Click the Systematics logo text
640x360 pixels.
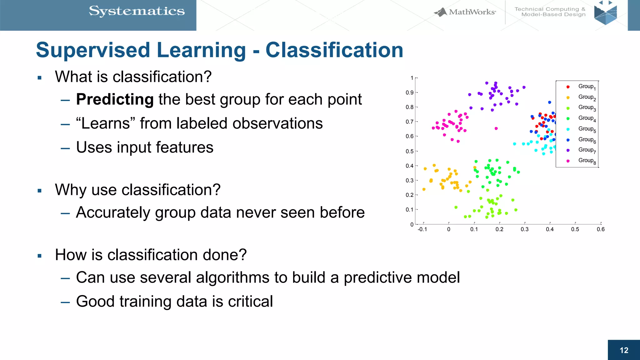point(137,11)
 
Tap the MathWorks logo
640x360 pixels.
point(465,12)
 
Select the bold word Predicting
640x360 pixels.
point(115,99)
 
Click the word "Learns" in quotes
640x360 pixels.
point(105,123)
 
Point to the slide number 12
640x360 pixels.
point(624,350)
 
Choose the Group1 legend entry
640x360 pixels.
point(586,87)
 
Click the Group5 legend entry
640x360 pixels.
point(586,129)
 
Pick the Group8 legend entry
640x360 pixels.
point(586,161)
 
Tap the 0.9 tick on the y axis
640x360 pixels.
point(409,92)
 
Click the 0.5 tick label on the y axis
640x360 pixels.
point(409,151)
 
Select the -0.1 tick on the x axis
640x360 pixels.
point(422,229)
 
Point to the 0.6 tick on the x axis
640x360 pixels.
point(601,229)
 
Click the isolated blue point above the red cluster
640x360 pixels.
point(549,102)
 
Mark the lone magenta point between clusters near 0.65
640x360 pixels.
point(496,128)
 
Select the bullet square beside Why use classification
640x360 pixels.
point(39,191)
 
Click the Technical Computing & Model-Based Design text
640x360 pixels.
point(550,12)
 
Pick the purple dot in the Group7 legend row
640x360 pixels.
point(568,150)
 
